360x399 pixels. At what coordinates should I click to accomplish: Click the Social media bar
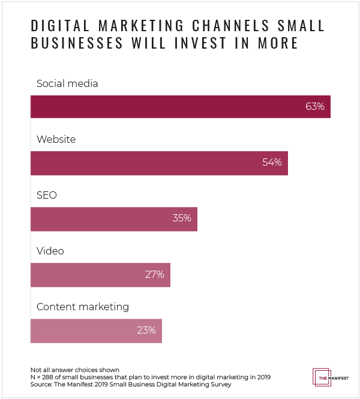[x=180, y=107]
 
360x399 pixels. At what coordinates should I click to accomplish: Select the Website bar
[x=159, y=163]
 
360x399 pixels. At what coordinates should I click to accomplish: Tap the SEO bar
[x=114, y=218]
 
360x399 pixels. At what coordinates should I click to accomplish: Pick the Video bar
[x=100, y=274]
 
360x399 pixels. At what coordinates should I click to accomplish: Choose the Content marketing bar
[x=96, y=330]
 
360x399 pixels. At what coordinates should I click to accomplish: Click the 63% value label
[x=314, y=107]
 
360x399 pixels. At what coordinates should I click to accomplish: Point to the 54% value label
[x=272, y=163]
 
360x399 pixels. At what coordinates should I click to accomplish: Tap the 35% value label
[x=181, y=218]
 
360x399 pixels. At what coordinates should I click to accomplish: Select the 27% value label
[x=155, y=274]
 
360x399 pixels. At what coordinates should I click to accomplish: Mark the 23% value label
[x=146, y=330]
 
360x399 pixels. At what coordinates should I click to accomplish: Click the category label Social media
[x=67, y=83]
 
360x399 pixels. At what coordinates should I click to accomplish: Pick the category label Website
[x=56, y=139]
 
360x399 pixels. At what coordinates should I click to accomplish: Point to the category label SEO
[x=47, y=195]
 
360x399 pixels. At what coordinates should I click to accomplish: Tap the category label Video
[x=50, y=251]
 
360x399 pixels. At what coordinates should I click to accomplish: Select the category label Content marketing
[x=83, y=307]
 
